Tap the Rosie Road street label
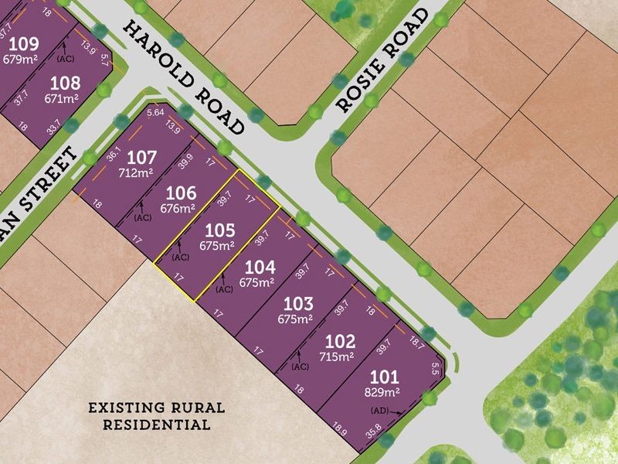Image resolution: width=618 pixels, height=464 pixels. pos(382,61)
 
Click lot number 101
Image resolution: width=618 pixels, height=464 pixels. pos(384,377)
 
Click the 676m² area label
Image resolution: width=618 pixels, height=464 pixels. pos(178,208)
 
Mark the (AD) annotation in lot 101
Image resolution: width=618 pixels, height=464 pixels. pos(381,411)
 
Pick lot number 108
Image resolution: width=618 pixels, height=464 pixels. pos(65,82)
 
